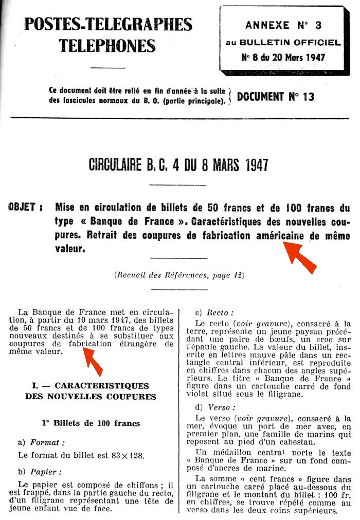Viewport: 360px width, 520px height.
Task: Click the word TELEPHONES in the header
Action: pyautogui.click(x=107, y=46)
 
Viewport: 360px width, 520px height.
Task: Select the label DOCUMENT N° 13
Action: pyautogui.click(x=276, y=96)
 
